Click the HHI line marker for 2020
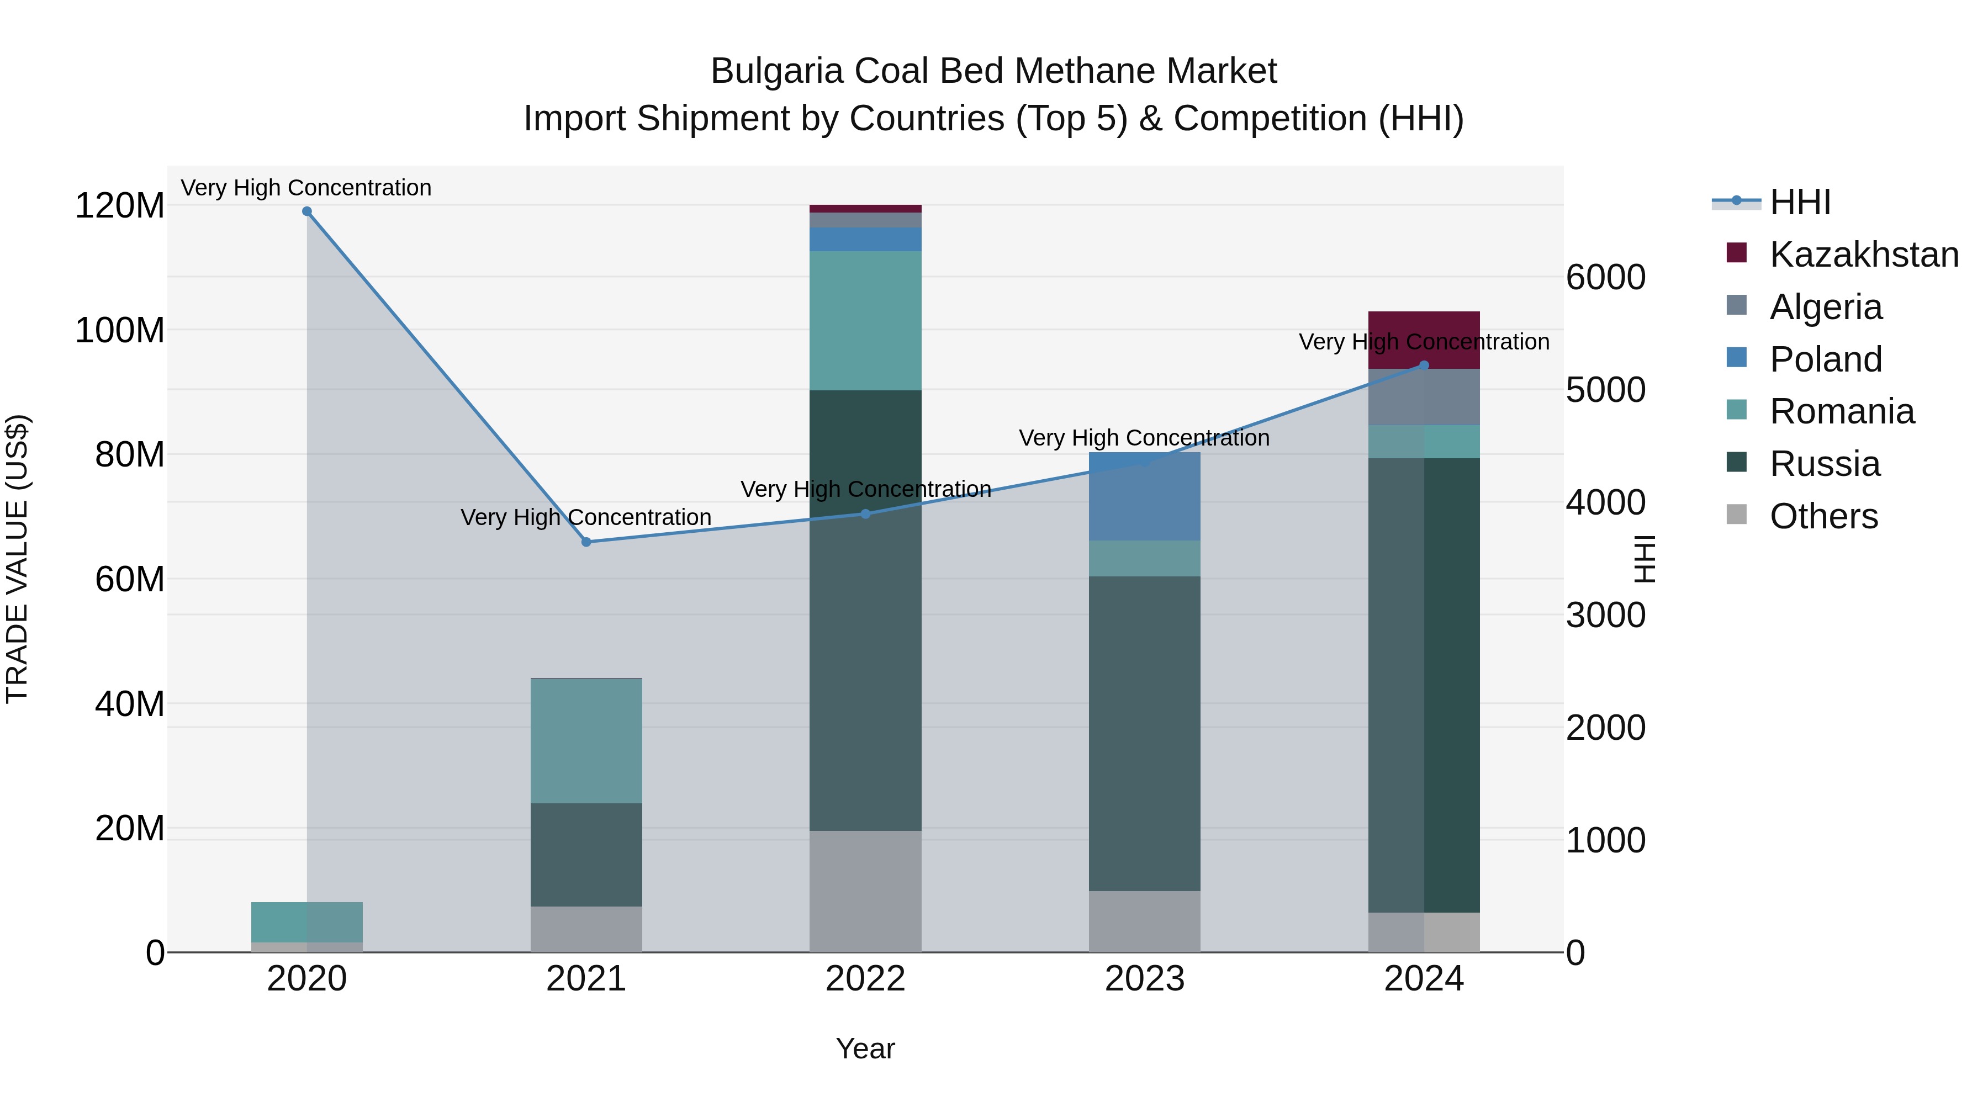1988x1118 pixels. coord(306,211)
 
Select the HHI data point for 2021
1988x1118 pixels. coord(586,542)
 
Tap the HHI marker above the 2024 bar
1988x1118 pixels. coord(1424,365)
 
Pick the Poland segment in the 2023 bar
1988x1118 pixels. coord(1145,497)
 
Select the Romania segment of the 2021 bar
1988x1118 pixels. coord(586,741)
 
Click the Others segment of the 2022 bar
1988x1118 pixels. coord(865,891)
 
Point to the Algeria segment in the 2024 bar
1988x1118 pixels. coord(1424,398)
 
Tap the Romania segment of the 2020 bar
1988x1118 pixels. coord(306,922)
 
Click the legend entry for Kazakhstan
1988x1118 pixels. coord(1863,255)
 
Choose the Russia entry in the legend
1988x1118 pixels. coord(1825,464)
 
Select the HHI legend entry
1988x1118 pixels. coord(1800,202)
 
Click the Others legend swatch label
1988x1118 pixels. coord(1823,517)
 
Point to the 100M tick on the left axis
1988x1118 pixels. coord(120,330)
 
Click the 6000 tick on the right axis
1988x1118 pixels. coord(1605,278)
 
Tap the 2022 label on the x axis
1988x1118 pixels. coord(865,979)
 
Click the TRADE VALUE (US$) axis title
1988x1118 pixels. coord(17,559)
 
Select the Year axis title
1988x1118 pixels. coord(865,1048)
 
